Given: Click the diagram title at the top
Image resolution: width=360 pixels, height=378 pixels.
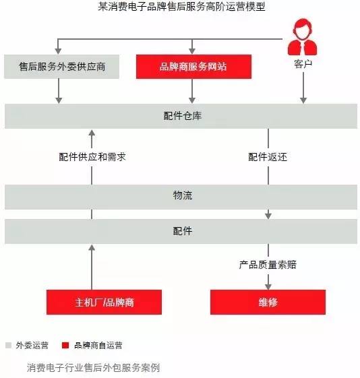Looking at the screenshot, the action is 181,7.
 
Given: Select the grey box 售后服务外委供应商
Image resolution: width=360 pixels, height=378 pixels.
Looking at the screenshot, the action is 62,67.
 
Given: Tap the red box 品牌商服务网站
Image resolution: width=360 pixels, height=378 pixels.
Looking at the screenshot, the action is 193,67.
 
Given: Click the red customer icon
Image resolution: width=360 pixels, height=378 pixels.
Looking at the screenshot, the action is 303,37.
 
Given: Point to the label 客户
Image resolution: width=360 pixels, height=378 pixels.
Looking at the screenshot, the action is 303,64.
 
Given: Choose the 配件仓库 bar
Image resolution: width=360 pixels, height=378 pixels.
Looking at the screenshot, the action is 181,116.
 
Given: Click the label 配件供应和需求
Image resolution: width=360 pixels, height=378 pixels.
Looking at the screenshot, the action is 92,157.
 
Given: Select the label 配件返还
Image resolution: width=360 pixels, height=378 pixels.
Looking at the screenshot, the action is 268,157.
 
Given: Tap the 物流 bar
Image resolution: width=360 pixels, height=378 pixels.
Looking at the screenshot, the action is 181,197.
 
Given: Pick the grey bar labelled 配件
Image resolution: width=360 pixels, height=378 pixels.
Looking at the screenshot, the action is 181,231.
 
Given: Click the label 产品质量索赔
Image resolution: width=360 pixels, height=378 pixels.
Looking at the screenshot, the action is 268,265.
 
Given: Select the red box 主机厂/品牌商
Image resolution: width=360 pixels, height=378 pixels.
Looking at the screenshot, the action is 104,302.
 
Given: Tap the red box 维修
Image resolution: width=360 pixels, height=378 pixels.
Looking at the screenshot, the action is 268,302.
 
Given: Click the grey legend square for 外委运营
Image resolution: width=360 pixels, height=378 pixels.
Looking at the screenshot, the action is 9,345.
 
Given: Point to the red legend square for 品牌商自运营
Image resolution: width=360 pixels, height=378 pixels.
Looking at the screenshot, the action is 65,345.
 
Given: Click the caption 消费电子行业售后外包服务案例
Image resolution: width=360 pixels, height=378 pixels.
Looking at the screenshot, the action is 93,368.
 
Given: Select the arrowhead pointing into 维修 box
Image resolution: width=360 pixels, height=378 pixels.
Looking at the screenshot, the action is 268,287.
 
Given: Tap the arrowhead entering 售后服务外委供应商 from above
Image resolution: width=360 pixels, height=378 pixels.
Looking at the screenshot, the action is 58,51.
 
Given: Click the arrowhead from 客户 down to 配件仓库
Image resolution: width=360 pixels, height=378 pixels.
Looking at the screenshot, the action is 303,100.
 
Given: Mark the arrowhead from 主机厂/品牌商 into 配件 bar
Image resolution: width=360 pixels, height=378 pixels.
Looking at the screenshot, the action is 92,247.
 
